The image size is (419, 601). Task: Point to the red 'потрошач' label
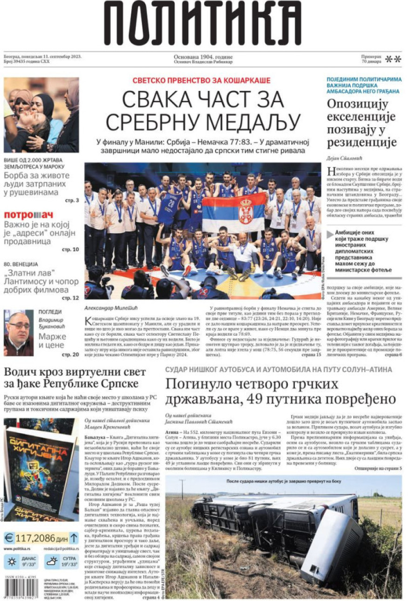click(28, 215)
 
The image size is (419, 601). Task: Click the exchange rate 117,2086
click(35, 538)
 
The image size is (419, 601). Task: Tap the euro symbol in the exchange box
click(9, 538)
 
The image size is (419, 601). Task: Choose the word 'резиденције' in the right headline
click(361, 142)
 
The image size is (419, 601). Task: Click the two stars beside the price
click(393, 59)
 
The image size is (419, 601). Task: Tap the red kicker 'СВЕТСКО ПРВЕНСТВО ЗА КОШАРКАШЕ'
click(201, 81)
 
